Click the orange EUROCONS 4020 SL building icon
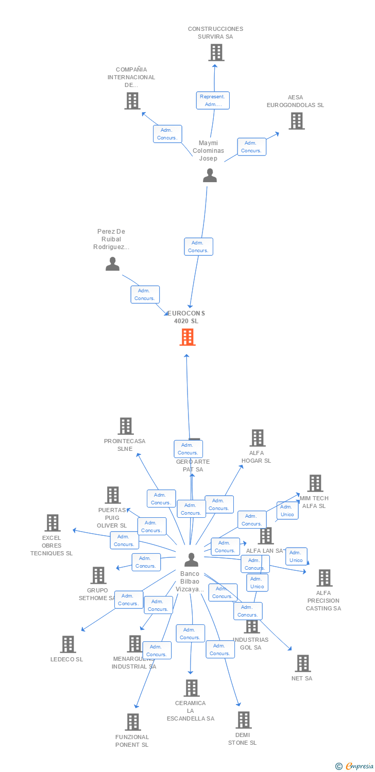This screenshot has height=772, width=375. (187, 337)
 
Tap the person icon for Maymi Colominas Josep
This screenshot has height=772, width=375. (210, 176)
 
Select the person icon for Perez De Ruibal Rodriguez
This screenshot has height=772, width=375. (112, 264)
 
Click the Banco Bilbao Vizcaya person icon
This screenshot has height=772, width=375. (191, 559)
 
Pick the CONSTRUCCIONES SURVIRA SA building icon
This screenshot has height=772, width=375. (216, 52)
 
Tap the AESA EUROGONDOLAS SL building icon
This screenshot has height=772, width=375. (296, 121)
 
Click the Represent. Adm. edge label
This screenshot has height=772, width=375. (213, 100)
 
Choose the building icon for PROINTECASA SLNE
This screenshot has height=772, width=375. (126, 426)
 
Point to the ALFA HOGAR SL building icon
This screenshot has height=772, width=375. (257, 438)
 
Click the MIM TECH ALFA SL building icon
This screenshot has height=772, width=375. (315, 483)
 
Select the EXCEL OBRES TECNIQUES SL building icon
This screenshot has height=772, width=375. (52, 523)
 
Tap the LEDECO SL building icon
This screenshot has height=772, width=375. (67, 644)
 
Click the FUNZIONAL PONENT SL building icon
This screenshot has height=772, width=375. (133, 722)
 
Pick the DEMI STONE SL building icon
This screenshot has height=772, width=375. (243, 720)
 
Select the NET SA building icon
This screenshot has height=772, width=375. (302, 663)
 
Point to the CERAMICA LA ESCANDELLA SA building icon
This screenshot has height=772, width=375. (191, 688)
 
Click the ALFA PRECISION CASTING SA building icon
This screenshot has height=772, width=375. (324, 578)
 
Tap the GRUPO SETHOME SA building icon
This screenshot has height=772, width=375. (98, 575)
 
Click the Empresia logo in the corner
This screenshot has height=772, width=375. (355, 766)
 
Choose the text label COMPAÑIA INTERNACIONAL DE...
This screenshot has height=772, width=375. (131, 77)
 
